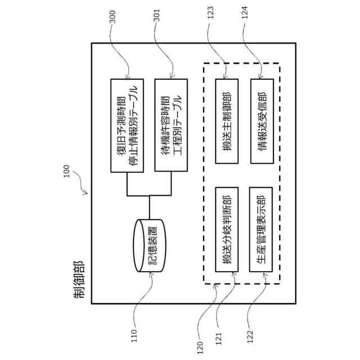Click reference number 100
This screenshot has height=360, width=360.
click(66, 171)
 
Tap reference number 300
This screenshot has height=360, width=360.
click(112, 17)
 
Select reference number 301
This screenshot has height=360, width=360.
click(156, 15)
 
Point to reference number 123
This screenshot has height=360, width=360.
click(210, 12)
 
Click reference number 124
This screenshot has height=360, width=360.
click(245, 12)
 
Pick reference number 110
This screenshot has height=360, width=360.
click(134, 336)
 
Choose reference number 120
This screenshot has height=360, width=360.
click(200, 348)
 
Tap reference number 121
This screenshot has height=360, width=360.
click(219, 339)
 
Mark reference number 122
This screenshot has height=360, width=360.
click(250, 336)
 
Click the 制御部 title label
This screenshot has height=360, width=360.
click(79, 280)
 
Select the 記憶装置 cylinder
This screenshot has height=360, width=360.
click(151, 245)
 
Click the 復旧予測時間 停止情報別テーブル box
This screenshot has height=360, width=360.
click(127, 125)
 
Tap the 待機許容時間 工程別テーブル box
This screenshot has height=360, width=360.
click(171, 125)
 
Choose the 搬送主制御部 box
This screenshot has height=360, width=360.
click(227, 121)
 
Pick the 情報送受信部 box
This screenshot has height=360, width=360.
click(262, 121)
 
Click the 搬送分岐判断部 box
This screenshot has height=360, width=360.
click(227, 229)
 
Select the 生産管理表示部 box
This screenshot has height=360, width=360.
click(261, 229)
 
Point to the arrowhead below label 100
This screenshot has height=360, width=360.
click(85, 192)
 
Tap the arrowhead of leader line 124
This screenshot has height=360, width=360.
click(260, 77)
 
